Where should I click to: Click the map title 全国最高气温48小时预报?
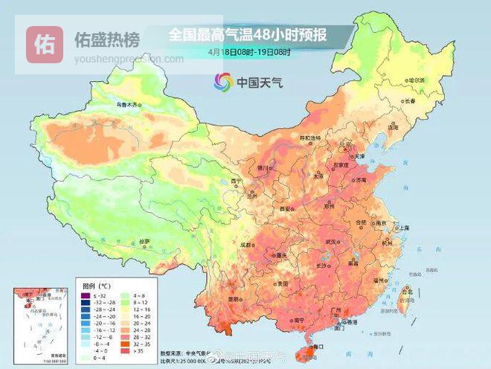coord(249,34)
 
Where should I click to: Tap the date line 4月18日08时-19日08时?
coord(249,52)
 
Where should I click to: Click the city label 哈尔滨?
coord(416,80)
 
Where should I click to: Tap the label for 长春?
coord(409,100)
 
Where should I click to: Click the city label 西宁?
coord(237,181)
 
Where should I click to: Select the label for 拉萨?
coord(145,241)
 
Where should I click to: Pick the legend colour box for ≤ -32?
coord(86,295)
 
